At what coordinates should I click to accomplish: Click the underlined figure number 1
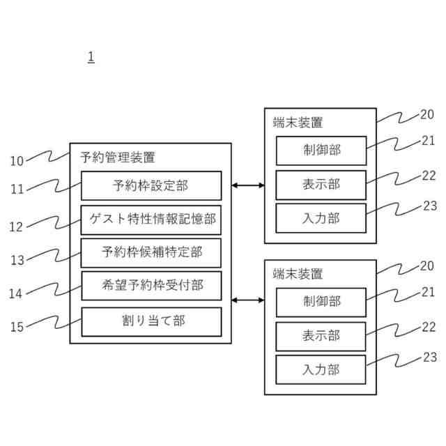point(91,57)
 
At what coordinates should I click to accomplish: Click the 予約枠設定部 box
point(151,185)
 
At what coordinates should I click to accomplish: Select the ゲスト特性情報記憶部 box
point(151,219)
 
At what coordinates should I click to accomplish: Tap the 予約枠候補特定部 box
point(151,252)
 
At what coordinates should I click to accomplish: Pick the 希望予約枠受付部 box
point(151,286)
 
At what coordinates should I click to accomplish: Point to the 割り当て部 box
point(151,321)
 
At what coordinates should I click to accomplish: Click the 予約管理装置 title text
point(118,157)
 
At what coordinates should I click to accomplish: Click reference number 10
point(17,161)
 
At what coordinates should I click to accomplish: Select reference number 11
point(17,189)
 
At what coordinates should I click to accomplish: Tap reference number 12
point(17,226)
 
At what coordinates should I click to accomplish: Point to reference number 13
point(17,260)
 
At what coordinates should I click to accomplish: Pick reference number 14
point(17,293)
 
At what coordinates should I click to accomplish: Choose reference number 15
point(17,326)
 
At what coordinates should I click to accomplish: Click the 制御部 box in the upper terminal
point(321,151)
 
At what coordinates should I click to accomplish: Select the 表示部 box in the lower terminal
point(321,336)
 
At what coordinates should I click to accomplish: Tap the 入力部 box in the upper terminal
point(321,218)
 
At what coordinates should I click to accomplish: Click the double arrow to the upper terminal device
point(247,185)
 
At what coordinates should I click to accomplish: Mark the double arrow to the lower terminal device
point(247,300)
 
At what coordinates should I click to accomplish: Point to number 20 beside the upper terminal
point(427,116)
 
